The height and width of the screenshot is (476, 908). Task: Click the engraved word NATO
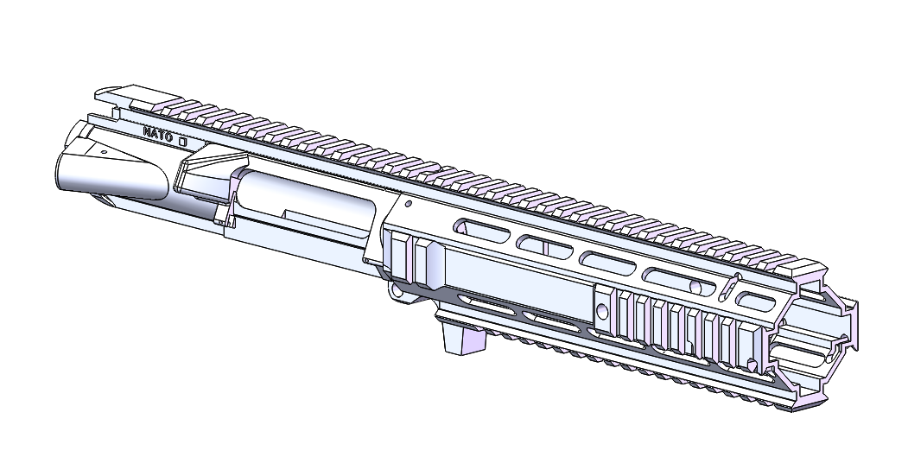click(x=158, y=133)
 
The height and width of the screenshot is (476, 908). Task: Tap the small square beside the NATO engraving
click(x=182, y=138)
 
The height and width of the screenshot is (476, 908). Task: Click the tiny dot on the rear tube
click(x=104, y=152)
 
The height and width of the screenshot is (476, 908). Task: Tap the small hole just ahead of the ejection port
click(x=405, y=205)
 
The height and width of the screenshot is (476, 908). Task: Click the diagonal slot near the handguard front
click(x=730, y=289)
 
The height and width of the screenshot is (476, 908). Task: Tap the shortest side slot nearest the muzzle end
click(x=759, y=301)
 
